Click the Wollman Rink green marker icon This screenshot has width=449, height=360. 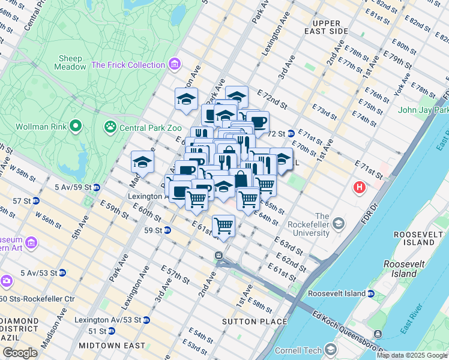point(75,126)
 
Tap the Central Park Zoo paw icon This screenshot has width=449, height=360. point(110,127)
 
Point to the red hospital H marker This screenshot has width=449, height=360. point(360,188)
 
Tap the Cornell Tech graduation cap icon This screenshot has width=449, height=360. point(331,349)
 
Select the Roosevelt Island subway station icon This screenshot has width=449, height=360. point(371,294)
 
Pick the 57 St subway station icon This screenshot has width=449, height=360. point(37,200)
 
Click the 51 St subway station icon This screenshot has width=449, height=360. point(111,331)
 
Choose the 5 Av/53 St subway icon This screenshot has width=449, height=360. point(62,272)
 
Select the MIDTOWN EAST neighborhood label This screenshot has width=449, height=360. point(112,346)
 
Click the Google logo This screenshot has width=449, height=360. point(20,353)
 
